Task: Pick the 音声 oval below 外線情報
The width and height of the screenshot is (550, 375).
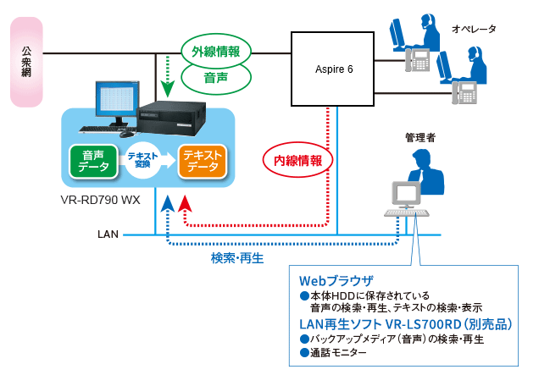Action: pos(214,78)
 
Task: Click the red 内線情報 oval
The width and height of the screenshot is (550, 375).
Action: pos(292,159)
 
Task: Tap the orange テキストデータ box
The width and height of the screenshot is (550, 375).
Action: pos(203,161)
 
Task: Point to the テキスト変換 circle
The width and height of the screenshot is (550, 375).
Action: pos(147,161)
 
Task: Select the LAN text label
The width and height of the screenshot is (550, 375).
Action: pos(108,233)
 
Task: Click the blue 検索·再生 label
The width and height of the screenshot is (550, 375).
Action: pos(238,257)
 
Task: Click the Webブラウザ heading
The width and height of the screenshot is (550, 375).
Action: pos(337,280)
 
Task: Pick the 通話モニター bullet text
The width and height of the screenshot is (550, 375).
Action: pos(339,352)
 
